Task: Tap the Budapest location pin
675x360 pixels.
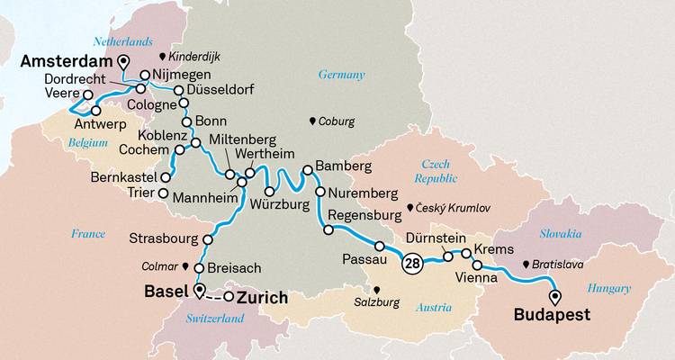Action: [554, 296]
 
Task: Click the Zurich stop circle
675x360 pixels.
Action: [229, 297]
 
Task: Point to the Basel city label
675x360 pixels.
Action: [166, 292]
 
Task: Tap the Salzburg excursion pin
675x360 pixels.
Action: [377, 290]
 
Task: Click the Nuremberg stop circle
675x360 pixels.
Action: [320, 193]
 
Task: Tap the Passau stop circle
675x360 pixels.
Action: [380, 246]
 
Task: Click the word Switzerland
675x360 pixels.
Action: [215, 319]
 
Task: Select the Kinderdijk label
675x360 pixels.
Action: [195, 56]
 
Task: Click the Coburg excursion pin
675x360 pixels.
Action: [313, 121]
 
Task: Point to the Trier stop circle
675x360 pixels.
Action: [163, 193]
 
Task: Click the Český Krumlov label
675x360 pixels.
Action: [453, 208]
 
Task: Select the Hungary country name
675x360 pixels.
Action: [609, 288]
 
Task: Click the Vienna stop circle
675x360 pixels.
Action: [478, 265]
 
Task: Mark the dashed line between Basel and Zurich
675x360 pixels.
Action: [214, 296]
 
